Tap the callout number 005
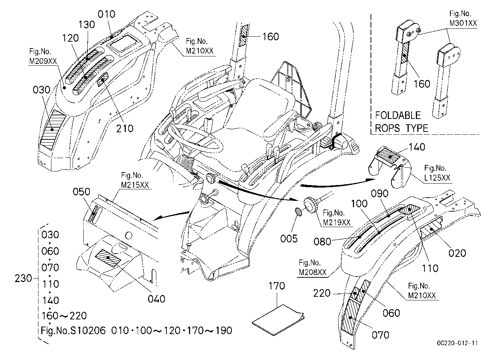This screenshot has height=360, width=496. pos(289,239)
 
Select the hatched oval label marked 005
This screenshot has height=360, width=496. pos(299,212)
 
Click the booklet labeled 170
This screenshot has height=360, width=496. pos(278,320)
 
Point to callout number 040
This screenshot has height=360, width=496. pos(156,299)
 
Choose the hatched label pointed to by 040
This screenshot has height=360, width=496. pos(108,258)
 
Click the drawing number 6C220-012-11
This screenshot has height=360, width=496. pos(457,343)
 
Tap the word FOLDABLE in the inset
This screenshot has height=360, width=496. pos(398,115)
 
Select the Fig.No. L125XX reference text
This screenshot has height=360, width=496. pos(437,173)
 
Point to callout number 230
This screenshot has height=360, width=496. pos(23,278)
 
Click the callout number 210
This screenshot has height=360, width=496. pos(125,128)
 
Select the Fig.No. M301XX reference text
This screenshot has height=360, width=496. pos(463,18)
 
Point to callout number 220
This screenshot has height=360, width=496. pos(322,293)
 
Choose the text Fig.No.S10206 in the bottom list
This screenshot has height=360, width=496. pos(73,331)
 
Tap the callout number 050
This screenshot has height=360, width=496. pos(81,192)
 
